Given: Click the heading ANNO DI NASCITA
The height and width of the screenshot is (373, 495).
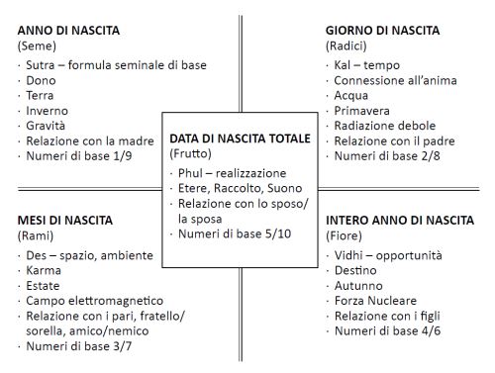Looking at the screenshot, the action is [x=68, y=31].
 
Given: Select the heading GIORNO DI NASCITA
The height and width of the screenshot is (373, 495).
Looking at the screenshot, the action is [x=382, y=31].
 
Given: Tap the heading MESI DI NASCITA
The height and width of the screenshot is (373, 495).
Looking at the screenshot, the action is [x=65, y=220].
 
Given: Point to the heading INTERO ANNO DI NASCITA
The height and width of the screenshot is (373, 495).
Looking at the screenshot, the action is [x=399, y=220].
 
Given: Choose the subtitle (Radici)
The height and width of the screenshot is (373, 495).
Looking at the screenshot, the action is [x=347, y=46].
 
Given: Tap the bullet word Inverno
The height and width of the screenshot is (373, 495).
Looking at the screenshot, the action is [x=49, y=112].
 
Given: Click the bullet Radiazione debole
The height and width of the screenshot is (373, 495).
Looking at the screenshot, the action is [x=384, y=126].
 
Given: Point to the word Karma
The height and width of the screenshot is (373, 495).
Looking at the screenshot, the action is [x=45, y=270].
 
